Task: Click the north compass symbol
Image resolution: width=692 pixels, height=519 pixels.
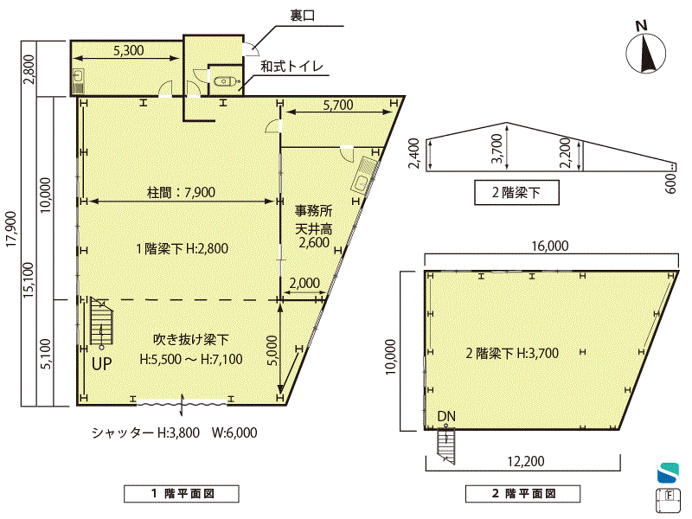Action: (x=645, y=53)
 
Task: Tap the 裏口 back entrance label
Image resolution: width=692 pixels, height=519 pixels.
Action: (x=302, y=16)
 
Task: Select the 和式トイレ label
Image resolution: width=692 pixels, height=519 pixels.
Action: (x=292, y=67)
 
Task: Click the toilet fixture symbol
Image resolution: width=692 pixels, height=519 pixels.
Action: (x=227, y=81)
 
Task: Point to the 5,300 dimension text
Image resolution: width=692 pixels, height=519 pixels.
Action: (x=128, y=50)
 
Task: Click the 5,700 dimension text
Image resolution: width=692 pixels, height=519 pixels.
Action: (x=338, y=105)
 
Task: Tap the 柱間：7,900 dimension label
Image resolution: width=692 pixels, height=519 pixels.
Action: (x=181, y=192)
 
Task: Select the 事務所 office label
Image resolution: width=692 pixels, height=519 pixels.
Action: (x=313, y=211)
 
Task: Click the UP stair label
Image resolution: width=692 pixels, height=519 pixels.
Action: (x=101, y=364)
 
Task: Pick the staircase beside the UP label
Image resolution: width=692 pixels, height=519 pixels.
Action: (x=101, y=321)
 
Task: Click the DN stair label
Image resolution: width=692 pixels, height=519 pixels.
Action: (x=446, y=416)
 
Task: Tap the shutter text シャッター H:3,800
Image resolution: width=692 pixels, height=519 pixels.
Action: (x=145, y=432)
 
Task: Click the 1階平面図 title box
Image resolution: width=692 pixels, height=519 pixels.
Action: (x=182, y=493)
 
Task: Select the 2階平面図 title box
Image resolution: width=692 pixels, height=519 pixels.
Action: (x=522, y=493)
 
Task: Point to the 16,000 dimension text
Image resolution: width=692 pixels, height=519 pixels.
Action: (x=550, y=246)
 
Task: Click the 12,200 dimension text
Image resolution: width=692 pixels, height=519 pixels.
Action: (x=526, y=462)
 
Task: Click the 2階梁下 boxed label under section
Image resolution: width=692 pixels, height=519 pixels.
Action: (x=516, y=192)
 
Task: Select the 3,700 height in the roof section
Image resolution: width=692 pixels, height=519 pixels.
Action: (x=497, y=148)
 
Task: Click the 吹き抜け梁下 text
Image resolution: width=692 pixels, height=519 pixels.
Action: (x=190, y=339)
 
